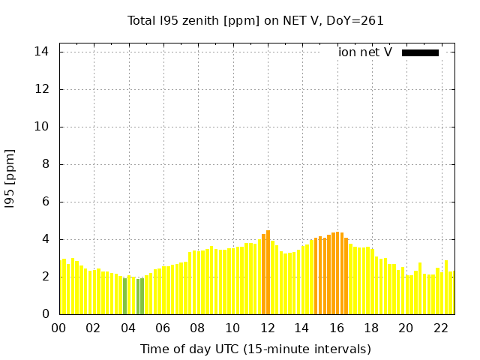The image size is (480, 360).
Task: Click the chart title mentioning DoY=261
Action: click(255, 21)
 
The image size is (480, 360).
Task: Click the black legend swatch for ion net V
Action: click(420, 52)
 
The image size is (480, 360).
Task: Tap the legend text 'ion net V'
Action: click(365, 52)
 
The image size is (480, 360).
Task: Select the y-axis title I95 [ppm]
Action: click(10, 178)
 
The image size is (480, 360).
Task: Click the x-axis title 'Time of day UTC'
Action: click(255, 349)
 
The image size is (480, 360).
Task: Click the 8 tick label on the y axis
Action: click(46, 164)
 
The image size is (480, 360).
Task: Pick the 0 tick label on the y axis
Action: click(46, 314)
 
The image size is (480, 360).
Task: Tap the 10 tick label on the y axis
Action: click(42, 127)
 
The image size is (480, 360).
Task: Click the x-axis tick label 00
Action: click(58, 328)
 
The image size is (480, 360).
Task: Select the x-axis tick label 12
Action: click(267, 328)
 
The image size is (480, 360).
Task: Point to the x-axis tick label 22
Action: click(441, 328)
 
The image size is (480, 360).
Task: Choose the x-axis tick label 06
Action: click(163, 328)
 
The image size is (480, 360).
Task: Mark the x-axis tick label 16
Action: click(337, 328)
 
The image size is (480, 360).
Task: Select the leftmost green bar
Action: click(125, 296)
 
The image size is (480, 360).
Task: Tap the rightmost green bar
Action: click(142, 296)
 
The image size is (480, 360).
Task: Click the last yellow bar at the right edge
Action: click(451, 292)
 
